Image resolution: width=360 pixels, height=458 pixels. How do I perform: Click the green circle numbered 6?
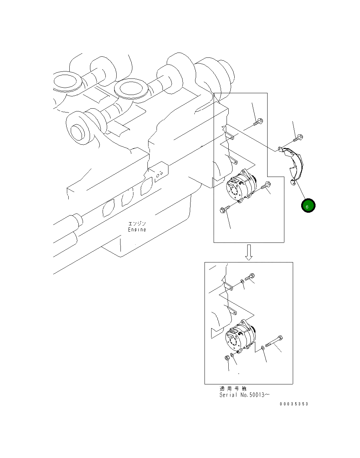308,205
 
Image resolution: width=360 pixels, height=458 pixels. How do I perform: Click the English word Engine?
137,230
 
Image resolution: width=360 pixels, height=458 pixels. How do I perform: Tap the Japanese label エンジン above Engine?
137,224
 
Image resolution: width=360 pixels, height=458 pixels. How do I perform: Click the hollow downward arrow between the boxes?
249,252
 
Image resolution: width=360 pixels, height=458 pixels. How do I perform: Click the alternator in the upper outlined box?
242,186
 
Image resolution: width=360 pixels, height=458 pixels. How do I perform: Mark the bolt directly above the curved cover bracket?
298,138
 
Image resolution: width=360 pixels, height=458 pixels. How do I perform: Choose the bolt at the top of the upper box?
258,122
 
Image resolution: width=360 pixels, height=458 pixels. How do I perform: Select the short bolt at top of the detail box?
250,277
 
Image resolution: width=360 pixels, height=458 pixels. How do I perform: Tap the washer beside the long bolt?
263,348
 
